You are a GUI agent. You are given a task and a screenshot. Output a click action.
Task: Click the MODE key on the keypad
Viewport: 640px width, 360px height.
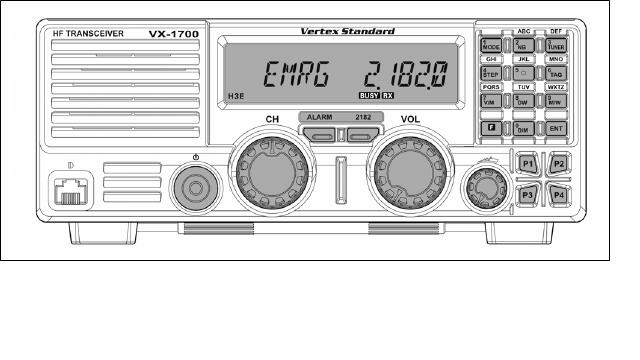point(492,46)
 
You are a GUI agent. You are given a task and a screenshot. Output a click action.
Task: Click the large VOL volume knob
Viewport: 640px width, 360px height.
point(409,172)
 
